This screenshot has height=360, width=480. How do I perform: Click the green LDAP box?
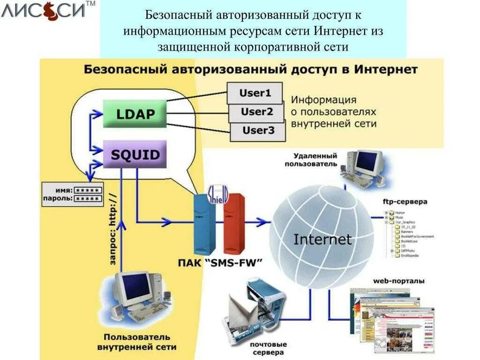pyautogui.click(x=135, y=114)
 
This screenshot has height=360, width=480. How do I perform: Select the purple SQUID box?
pyautogui.click(x=135, y=154)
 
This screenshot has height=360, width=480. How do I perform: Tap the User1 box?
pyautogui.click(x=255, y=93)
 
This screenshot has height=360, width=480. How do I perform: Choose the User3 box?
pyautogui.click(x=258, y=130)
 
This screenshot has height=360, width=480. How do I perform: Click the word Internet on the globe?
pyautogui.click(x=322, y=240)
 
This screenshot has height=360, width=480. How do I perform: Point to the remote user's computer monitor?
pyautogui.click(x=368, y=162)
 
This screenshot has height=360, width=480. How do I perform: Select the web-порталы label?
pyautogui.click(x=398, y=281)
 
